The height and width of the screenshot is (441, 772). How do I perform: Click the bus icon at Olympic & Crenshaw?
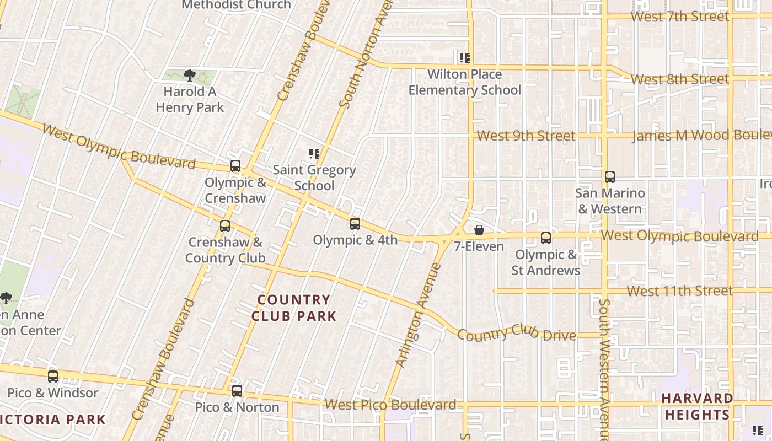[235, 166]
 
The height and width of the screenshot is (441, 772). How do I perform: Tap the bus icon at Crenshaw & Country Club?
[225, 225]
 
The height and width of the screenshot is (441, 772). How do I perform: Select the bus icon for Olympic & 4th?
[355, 223]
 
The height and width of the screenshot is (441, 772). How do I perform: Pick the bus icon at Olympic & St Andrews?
[546, 238]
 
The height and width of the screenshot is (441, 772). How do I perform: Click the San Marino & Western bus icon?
[610, 177]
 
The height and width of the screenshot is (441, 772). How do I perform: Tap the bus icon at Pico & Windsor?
[53, 377]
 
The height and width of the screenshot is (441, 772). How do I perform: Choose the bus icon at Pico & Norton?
[237, 391]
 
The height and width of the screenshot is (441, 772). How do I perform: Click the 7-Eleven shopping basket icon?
[479, 230]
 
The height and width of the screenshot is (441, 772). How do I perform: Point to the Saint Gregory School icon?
[314, 154]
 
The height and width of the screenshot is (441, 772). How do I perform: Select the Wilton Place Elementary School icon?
[465, 58]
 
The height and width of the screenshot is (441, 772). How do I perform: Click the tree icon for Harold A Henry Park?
[190, 76]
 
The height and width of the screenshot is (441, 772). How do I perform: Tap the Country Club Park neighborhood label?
[294, 308]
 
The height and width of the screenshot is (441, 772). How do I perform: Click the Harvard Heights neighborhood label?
[697, 406]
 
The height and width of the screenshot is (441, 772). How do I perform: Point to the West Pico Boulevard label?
[390, 405]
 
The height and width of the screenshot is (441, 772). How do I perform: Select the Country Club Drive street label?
[517, 332]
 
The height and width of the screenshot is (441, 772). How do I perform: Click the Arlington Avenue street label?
[419, 315]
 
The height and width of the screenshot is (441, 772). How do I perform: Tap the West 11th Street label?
[679, 291]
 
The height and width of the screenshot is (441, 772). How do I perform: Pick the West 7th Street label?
[679, 17]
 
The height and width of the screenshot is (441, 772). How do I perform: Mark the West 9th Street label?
[526, 136]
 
